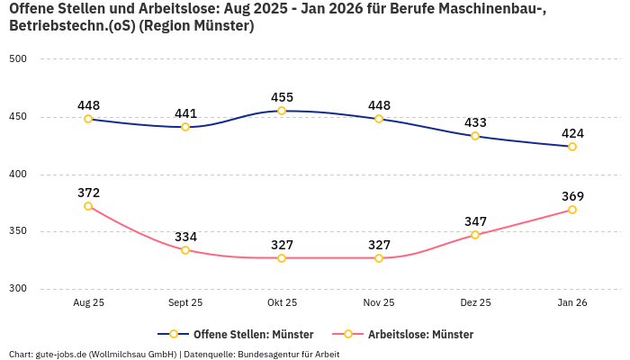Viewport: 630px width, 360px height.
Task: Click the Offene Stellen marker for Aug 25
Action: click(88, 119)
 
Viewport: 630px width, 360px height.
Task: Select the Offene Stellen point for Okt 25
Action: click(282, 111)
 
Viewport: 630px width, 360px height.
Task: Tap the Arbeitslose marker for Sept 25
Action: click(185, 250)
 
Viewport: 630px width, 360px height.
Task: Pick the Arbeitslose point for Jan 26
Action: click(572, 210)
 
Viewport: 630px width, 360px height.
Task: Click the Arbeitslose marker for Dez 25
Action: click(476, 235)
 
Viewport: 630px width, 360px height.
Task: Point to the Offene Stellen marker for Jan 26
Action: click(572, 147)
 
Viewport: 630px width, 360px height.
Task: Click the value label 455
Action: click(282, 97)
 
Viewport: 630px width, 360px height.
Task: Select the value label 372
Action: click(88, 193)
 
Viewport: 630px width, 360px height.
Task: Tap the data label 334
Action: click(185, 237)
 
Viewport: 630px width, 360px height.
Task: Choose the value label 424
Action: click(572, 133)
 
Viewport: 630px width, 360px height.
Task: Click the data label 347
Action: click(476, 221)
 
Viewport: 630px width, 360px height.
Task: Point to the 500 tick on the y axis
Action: click(18, 59)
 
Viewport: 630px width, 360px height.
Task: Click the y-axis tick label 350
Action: click(18, 231)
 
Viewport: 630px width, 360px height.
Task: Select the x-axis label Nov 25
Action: click(379, 303)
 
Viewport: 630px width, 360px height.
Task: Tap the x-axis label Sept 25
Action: click(185, 303)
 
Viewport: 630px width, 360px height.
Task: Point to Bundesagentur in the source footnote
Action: click(270, 355)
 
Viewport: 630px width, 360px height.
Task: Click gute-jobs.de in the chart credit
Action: click(62, 355)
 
